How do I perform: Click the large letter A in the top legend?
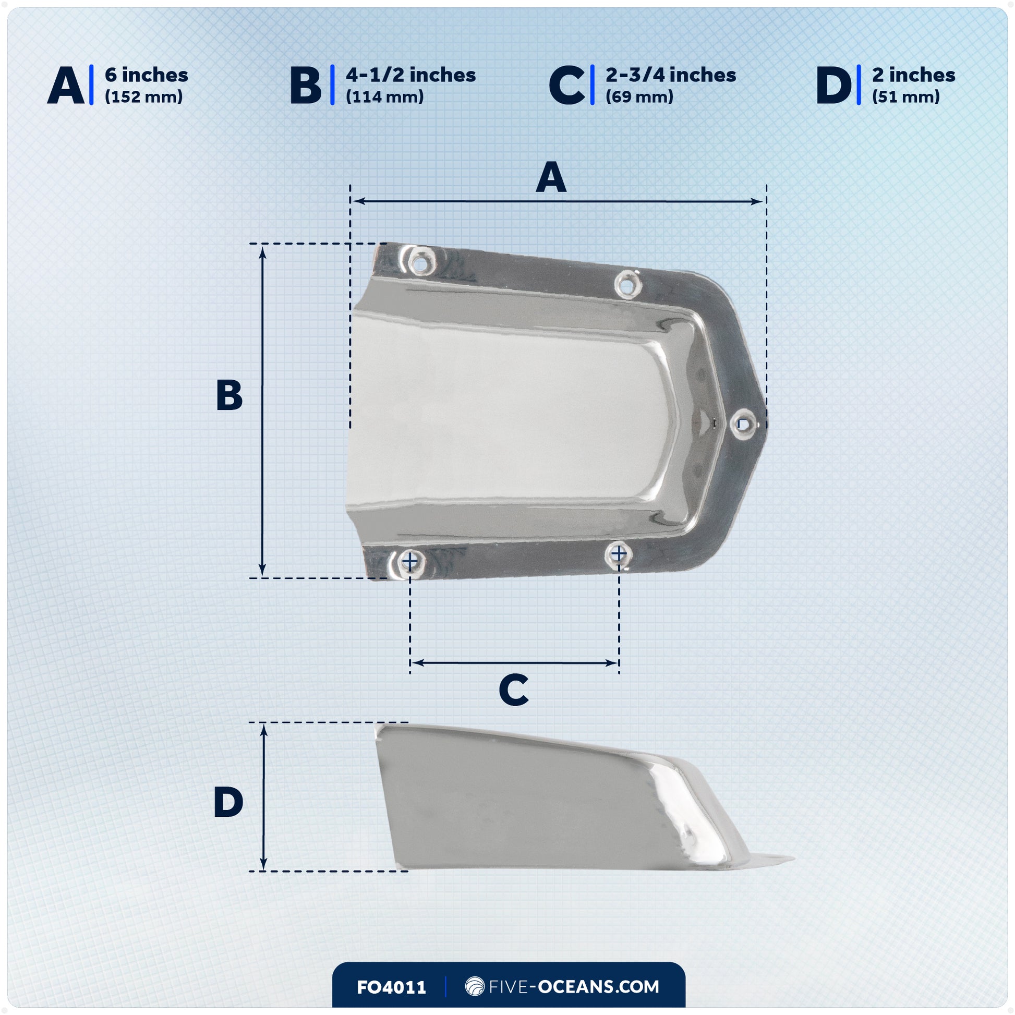[66, 86]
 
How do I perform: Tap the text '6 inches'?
[146, 75]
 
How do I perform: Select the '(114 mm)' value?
[384, 97]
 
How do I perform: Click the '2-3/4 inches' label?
[670, 75]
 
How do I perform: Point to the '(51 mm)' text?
[905, 97]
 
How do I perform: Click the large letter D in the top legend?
[833, 86]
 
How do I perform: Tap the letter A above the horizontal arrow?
[551, 177]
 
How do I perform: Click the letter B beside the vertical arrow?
[229, 395]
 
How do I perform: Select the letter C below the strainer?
[513, 691]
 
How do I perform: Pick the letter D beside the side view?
[228, 802]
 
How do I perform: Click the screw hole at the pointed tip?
[742, 422]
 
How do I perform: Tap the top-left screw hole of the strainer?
[420, 263]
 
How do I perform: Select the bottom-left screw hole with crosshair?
[410, 562]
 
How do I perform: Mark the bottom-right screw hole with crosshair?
[619, 554]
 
